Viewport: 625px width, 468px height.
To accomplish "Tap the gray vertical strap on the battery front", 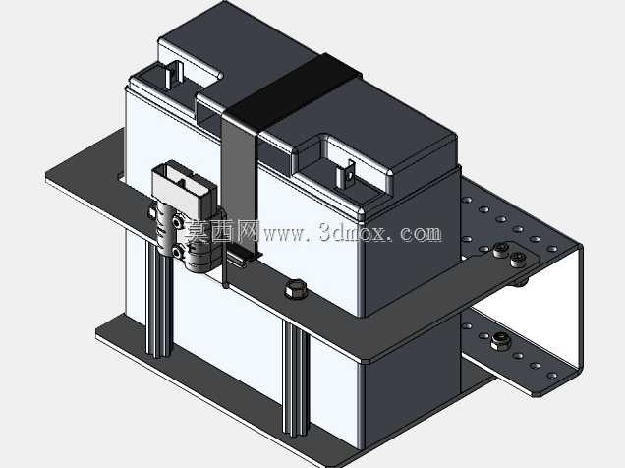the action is coord(239,188).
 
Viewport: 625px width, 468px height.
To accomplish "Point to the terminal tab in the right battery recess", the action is coord(345,174).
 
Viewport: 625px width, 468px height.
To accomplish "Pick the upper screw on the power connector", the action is coord(176,221).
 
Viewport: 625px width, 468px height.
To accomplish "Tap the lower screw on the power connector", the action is coord(177,252).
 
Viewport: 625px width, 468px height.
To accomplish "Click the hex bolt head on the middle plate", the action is coord(296,289).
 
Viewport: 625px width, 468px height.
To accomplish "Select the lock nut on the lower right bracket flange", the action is coord(499,341).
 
